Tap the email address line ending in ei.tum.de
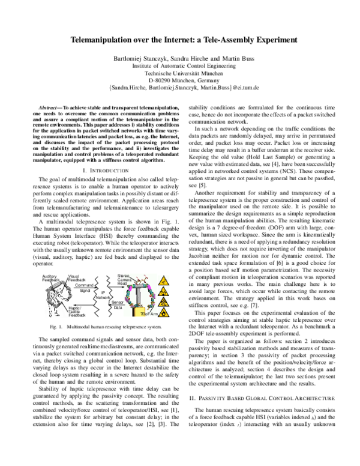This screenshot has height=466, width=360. pyautogui.click(x=181, y=87)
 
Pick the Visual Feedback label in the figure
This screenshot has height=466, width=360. pyautogui.click(x=77, y=277)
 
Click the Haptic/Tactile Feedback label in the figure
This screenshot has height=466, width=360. pyautogui.click(x=77, y=311)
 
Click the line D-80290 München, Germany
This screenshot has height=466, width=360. pyautogui.click(x=181, y=80)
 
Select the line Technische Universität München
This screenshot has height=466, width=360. pyautogui.click(x=181, y=73)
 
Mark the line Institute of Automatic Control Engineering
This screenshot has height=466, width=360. pyautogui.click(x=181, y=65)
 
